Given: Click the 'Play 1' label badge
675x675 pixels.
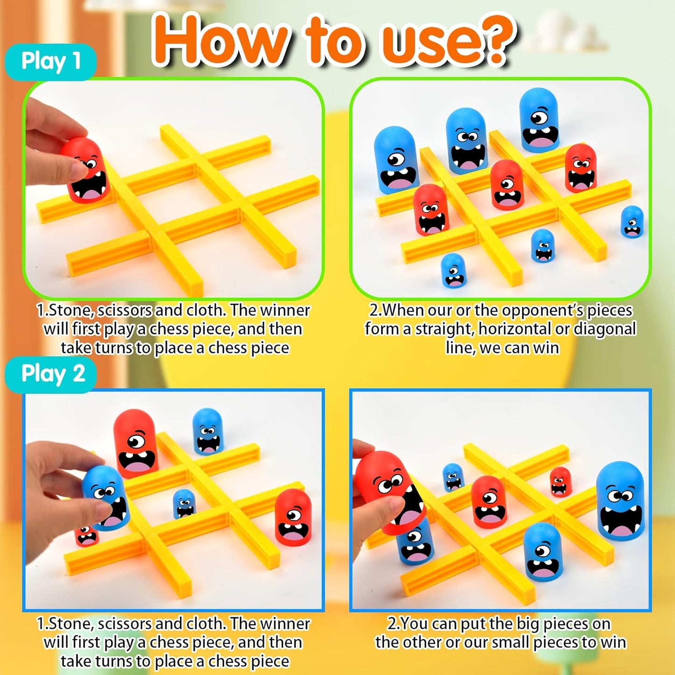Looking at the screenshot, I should [x=50, y=62].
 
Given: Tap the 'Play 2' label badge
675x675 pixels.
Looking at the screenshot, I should [x=52, y=374].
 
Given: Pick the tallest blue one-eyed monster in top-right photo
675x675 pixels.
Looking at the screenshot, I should [x=539, y=121].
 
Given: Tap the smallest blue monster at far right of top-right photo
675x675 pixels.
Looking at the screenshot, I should [x=632, y=221].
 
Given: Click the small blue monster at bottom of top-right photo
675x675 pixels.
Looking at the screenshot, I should [x=453, y=270].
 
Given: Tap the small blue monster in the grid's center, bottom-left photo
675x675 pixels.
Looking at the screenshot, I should [x=184, y=504].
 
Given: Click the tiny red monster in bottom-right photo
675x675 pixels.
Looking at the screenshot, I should [x=560, y=482].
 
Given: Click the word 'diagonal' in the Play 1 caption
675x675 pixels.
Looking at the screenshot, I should [x=604, y=329].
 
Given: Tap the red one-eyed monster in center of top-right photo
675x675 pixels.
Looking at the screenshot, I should [x=506, y=185].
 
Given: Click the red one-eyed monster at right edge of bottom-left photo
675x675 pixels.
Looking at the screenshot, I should [x=292, y=518].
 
